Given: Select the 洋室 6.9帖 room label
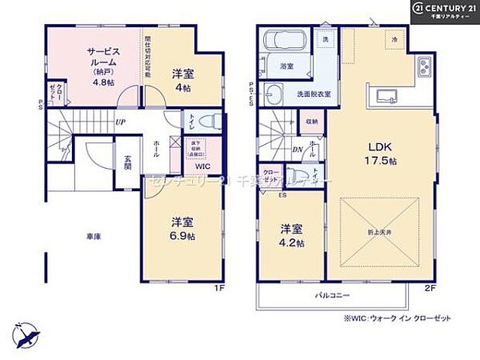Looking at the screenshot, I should (182, 227).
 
